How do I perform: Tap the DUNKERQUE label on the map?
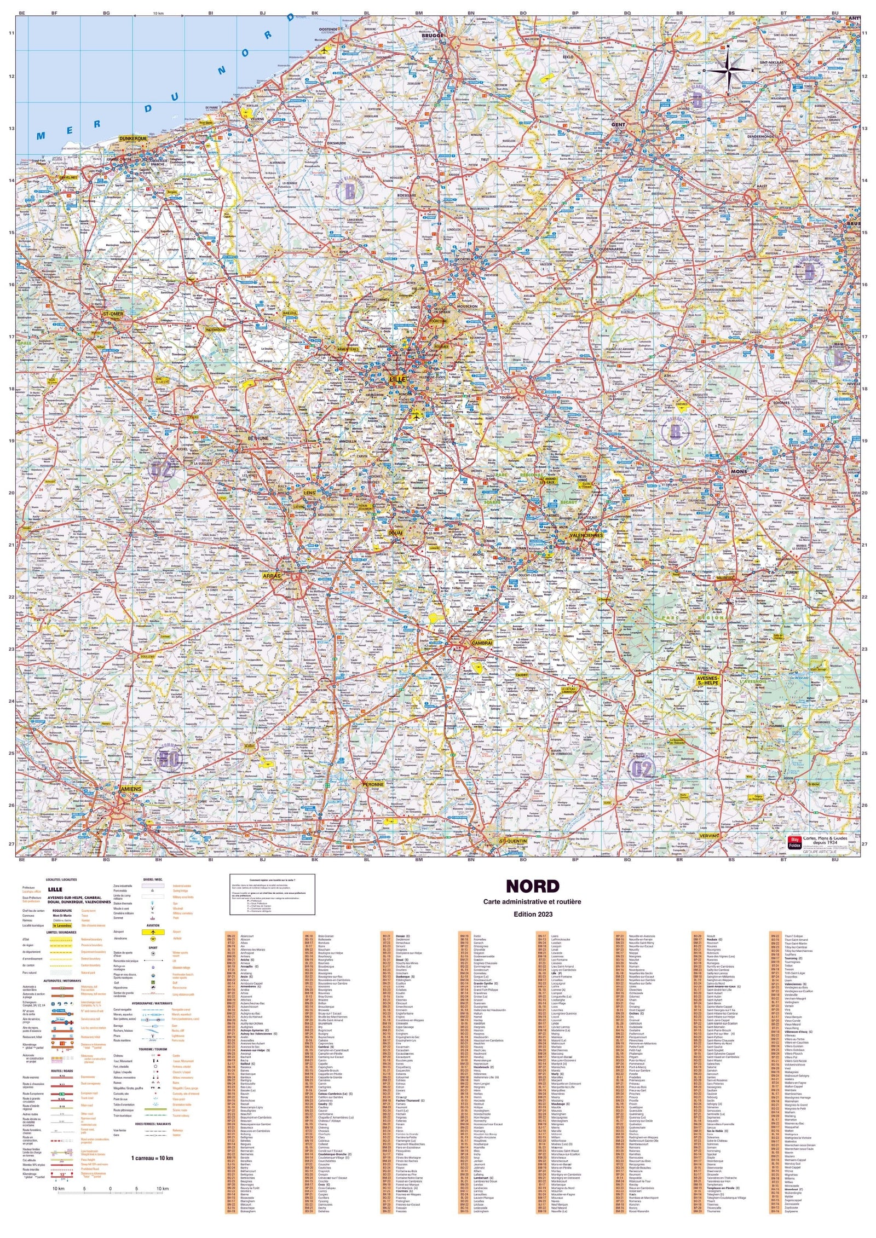pyautogui.click(x=133, y=139)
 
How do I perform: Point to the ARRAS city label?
pyautogui.click(x=272, y=576)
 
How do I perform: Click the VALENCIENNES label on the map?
pyautogui.click(x=586, y=536)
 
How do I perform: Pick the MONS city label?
pyautogui.click(x=739, y=471)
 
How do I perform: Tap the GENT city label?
pyautogui.click(x=618, y=125)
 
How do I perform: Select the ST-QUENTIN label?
pyautogui.click(x=513, y=841)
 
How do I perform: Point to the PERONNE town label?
pyautogui.click(x=373, y=784)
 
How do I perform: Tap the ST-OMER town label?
pyautogui.click(x=113, y=314)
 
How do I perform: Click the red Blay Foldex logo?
pyautogui.click(x=794, y=842)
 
